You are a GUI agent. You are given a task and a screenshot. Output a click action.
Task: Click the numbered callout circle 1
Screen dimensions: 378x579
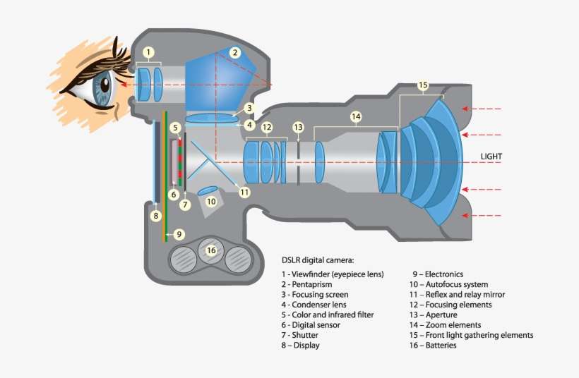(148, 52)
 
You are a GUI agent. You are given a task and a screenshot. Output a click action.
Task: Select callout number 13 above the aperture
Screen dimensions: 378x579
(299, 127)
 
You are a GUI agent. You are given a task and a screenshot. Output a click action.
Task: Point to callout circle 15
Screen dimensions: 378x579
(423, 86)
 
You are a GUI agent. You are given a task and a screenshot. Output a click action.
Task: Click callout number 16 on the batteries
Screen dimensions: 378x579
(210, 250)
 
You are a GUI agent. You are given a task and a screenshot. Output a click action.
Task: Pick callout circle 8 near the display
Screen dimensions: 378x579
(156, 216)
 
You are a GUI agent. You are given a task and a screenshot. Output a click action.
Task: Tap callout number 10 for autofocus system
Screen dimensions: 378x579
(211, 201)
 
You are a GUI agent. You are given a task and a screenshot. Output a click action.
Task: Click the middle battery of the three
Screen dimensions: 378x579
(210, 252)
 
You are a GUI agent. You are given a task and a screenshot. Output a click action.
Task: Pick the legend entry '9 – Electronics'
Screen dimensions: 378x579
(438, 274)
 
